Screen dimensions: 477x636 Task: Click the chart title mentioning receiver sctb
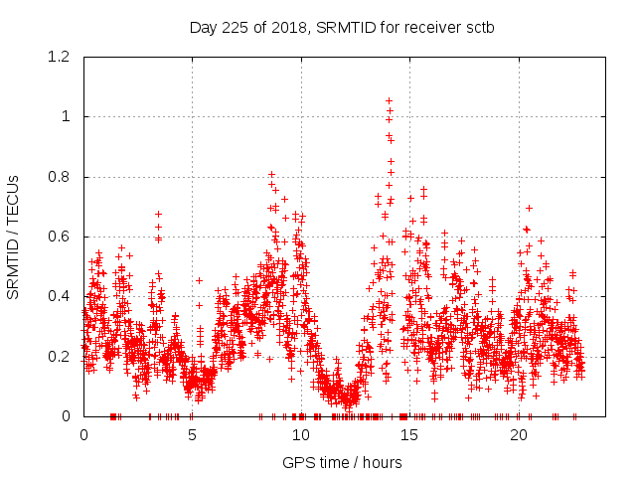[x=342, y=27]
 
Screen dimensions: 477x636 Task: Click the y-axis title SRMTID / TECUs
[x=13, y=237]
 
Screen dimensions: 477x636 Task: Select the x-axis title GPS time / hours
[x=342, y=462]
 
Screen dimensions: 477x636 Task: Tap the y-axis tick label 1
[x=67, y=116]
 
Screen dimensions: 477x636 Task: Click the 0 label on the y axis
[x=67, y=416]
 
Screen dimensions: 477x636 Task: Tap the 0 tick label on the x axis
[x=83, y=435]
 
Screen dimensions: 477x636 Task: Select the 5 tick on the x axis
[x=193, y=435]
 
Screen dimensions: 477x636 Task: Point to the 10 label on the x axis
[x=301, y=435]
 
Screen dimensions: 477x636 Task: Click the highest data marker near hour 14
[x=389, y=100]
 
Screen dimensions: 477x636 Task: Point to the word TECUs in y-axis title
[x=13, y=196]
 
